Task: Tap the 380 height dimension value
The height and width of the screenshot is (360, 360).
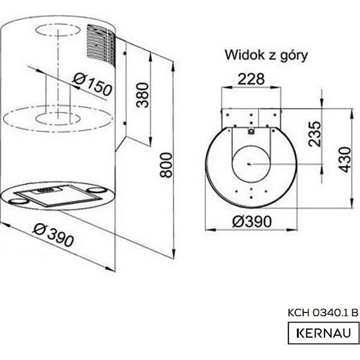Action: pos(142,95)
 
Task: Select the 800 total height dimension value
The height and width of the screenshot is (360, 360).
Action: pos(166,165)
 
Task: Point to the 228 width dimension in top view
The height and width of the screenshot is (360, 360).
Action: pos(251,79)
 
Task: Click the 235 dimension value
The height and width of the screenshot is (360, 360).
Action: pos(314,134)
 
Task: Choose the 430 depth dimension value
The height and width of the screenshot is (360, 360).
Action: pos(345,160)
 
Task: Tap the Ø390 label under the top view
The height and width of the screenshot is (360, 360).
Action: pos(252,221)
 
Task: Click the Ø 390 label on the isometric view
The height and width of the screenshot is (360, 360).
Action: pos(53,235)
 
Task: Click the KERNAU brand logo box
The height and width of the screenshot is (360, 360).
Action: pos(323,333)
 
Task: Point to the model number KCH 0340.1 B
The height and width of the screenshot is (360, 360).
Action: pos(323,313)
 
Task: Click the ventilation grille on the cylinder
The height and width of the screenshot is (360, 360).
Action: pos(101,44)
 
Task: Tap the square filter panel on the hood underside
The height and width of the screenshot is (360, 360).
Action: pos(59,195)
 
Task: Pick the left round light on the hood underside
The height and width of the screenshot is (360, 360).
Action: pos(19,202)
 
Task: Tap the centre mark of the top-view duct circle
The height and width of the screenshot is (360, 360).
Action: pos(250,164)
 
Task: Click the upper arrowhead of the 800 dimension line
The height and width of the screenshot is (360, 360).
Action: pos(173,66)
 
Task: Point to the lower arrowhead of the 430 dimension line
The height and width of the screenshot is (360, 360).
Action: pos(352,203)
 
